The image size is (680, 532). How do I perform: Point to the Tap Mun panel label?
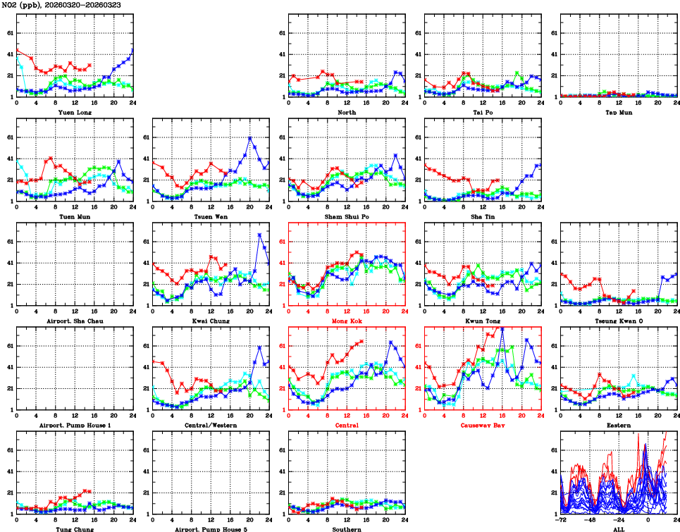[618, 112]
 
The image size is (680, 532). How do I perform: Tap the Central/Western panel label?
[210, 426]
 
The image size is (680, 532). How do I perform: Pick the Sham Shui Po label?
[346, 216]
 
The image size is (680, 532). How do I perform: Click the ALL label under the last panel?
[618, 528]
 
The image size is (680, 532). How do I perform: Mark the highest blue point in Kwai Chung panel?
[259, 235]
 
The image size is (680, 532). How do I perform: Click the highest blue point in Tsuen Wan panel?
[249, 138]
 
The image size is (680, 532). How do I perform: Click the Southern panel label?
[346, 528]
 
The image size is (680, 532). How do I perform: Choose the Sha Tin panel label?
[482, 216]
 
